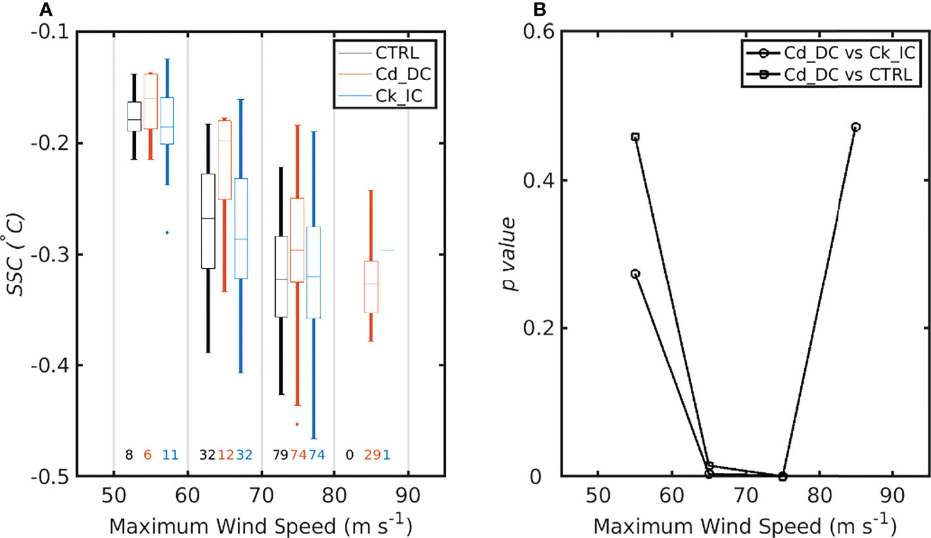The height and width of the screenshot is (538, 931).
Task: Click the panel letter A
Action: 45,9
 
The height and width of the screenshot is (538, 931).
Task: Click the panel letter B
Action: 557,9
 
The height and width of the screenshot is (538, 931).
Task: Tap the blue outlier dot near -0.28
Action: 167,233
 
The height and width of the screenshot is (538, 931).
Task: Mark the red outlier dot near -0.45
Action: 297,424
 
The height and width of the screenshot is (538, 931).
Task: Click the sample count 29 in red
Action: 373,455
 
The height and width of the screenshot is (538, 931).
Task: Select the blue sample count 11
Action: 170,455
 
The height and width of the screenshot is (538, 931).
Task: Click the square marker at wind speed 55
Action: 635,137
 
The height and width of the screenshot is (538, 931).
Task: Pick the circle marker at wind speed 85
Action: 855,127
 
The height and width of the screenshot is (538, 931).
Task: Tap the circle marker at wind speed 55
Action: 635,274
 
